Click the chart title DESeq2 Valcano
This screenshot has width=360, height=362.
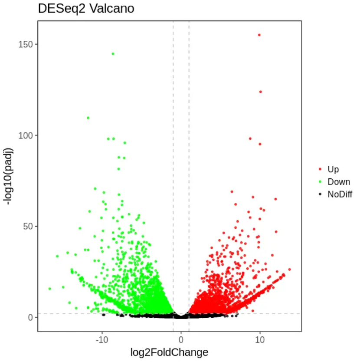click(86, 9)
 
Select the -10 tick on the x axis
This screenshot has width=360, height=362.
click(101, 339)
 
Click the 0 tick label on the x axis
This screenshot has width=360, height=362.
click(181, 339)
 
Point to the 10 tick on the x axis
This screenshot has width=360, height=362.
click(259, 339)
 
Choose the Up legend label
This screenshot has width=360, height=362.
click(333, 169)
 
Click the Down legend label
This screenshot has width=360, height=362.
click(339, 182)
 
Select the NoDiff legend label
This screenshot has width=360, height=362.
click(340, 194)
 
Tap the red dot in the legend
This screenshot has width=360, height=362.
click(320, 169)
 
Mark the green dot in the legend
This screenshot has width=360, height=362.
click(320, 182)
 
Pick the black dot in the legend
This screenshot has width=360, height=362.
click(320, 194)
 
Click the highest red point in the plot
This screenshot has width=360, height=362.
click(259, 35)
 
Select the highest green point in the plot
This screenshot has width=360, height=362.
click(113, 54)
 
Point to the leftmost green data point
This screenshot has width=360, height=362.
click(49, 289)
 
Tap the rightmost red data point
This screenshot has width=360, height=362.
click(289, 270)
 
